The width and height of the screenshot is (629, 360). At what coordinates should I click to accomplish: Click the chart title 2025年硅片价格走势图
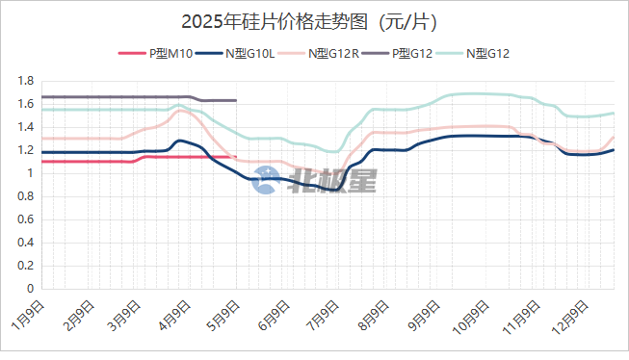pyautogui.click(x=315, y=20)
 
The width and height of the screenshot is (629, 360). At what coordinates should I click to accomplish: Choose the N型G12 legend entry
pyautogui.click(x=487, y=53)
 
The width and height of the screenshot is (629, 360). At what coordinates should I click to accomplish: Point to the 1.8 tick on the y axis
pyautogui.click(x=26, y=81)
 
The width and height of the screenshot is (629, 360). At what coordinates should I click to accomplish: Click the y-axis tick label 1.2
pyautogui.click(x=26, y=150)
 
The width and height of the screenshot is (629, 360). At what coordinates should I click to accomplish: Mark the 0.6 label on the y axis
pyautogui.click(x=26, y=219)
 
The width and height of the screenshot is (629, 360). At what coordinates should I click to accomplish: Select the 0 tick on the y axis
pyautogui.click(x=31, y=289)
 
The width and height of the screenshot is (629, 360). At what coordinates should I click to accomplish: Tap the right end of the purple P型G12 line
pyautogui.click(x=235, y=100)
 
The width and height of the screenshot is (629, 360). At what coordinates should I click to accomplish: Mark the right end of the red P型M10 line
pyautogui.click(x=235, y=157)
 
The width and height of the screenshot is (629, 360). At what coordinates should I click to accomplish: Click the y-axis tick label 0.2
pyautogui.click(x=26, y=266)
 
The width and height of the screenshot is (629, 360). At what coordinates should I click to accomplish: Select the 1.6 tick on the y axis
pyautogui.click(x=26, y=104)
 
